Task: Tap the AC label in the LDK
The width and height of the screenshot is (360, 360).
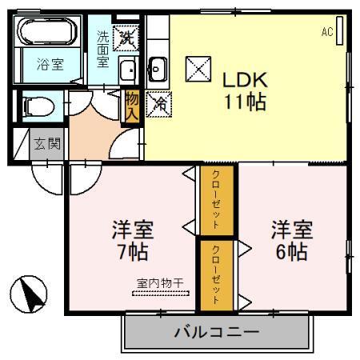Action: click(x=326, y=32)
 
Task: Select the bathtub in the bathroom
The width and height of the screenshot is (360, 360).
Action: click(x=46, y=34)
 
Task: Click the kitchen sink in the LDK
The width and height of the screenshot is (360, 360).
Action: click(x=158, y=70)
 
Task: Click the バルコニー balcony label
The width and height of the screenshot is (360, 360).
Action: click(x=216, y=330)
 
